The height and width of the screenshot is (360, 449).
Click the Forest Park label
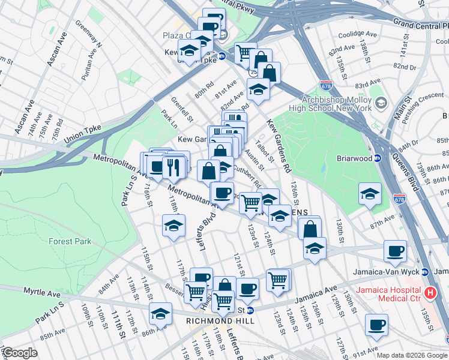click(x=70, y=241)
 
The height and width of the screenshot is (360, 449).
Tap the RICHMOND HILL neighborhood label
click(x=220, y=321)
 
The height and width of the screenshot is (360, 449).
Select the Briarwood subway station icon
click(x=378, y=158)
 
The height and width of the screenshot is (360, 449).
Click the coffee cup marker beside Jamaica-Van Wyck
click(x=395, y=251)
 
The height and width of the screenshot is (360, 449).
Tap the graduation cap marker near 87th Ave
click(x=369, y=193)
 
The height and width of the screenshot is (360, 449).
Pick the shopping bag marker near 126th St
click(x=309, y=228)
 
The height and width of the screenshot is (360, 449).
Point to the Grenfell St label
click(x=179, y=109)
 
